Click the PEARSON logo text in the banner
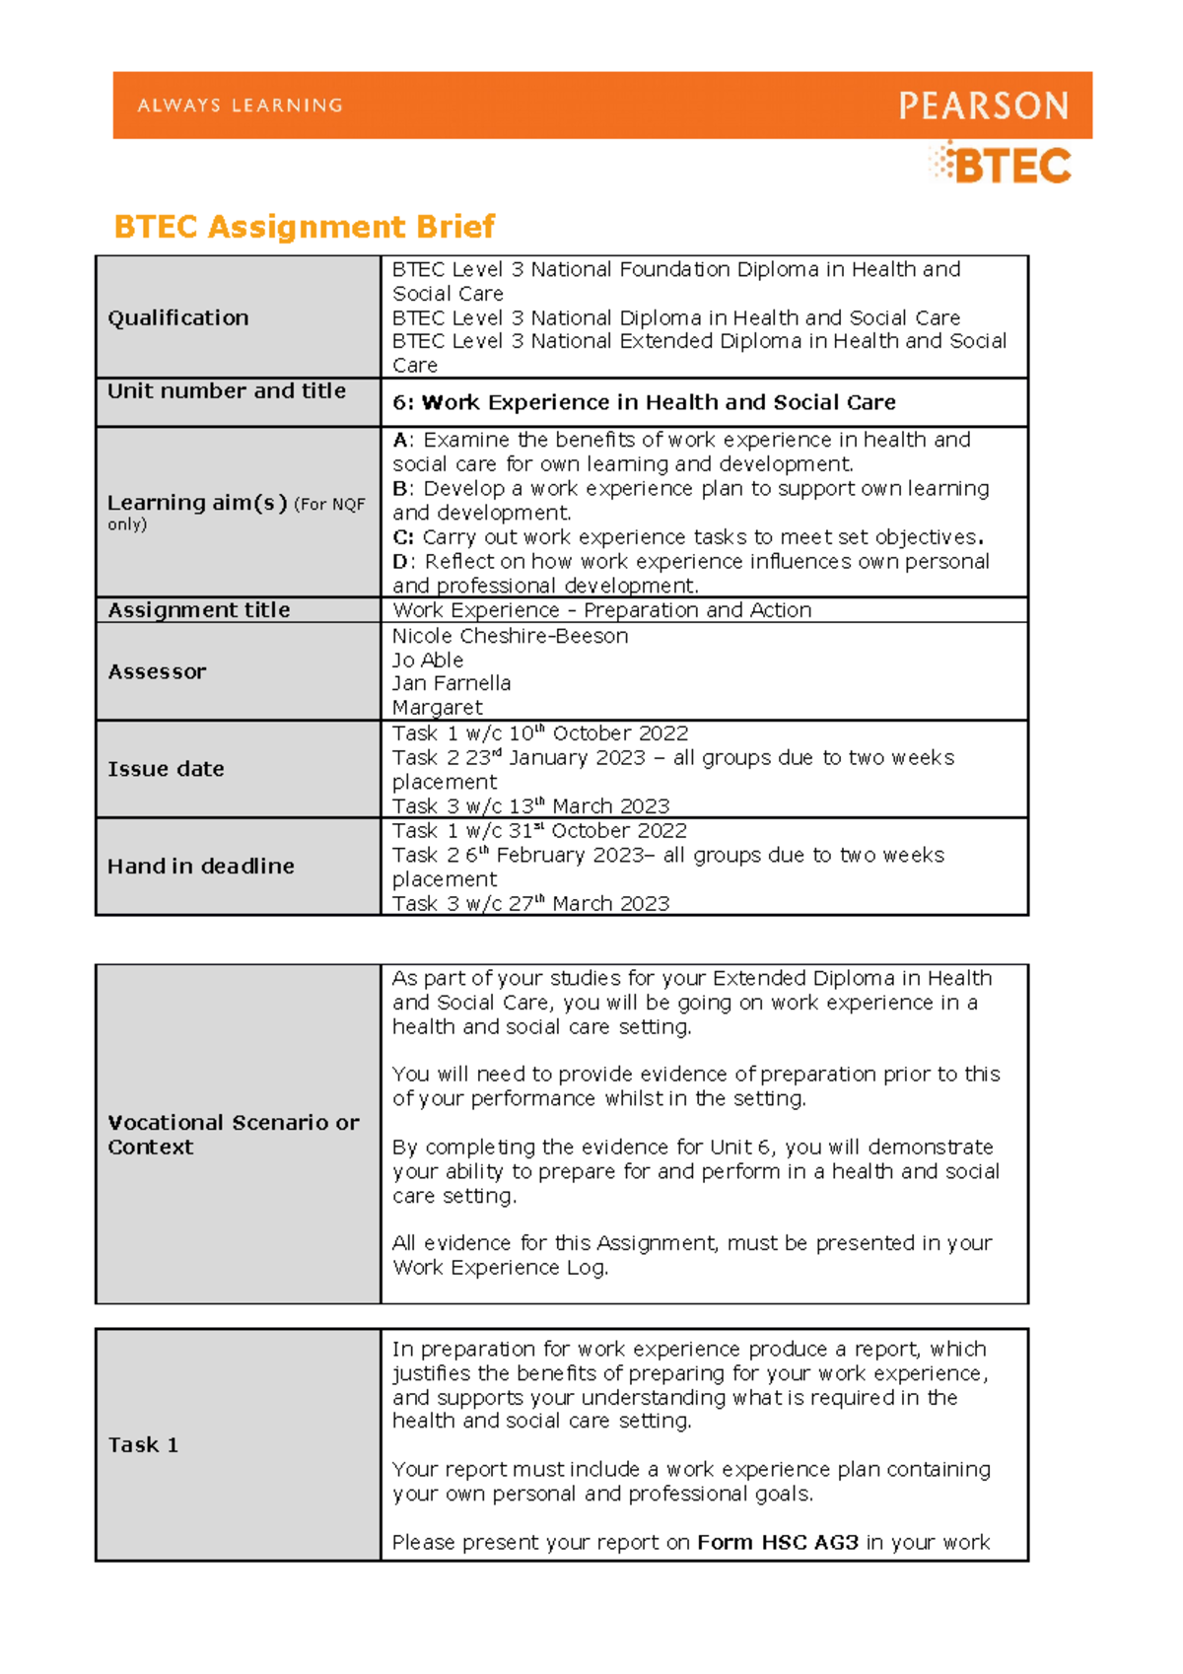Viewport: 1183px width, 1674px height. [983, 105]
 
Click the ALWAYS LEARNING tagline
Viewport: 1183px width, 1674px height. [241, 105]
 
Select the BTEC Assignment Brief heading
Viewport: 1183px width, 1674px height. [304, 227]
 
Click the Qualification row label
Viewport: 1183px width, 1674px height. [178, 317]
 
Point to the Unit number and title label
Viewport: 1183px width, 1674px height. [227, 391]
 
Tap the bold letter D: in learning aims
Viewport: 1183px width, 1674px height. [401, 562]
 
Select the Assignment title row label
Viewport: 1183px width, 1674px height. [199, 610]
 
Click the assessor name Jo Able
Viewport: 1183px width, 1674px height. [428, 661]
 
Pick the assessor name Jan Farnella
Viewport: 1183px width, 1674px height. [452, 683]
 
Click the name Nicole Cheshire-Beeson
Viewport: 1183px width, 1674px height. [510, 636]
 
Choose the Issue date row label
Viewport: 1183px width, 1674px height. [166, 769]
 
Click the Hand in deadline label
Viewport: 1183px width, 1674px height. [201, 867]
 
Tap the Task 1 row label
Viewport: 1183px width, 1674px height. [143, 1445]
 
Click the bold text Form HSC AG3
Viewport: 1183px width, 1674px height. [778, 1543]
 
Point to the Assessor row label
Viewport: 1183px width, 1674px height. [157, 672]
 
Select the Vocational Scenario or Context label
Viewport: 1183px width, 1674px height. [233, 1135]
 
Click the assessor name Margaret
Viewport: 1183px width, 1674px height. [438, 708]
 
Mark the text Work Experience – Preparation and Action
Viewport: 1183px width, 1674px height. [601, 610]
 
